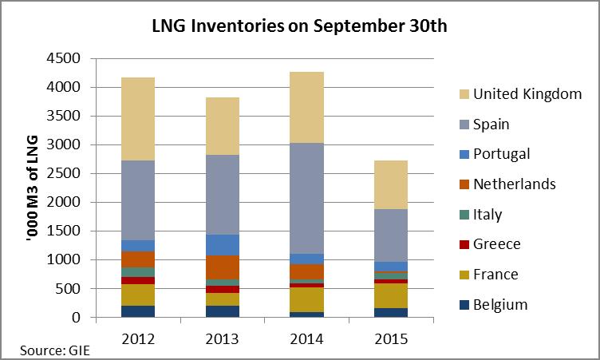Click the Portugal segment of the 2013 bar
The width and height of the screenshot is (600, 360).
pyautogui.click(x=223, y=245)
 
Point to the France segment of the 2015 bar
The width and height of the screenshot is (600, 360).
pyautogui.click(x=391, y=295)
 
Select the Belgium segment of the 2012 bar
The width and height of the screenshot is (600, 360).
pyautogui.click(x=138, y=311)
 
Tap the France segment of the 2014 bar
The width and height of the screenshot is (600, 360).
pyautogui.click(x=306, y=299)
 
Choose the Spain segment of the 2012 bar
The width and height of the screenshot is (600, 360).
pyautogui.click(x=138, y=200)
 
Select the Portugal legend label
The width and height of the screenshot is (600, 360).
pyautogui.click(x=501, y=154)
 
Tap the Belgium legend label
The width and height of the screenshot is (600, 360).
pyautogui.click(x=500, y=304)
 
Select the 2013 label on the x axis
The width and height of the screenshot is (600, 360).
pyautogui.click(x=223, y=338)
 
